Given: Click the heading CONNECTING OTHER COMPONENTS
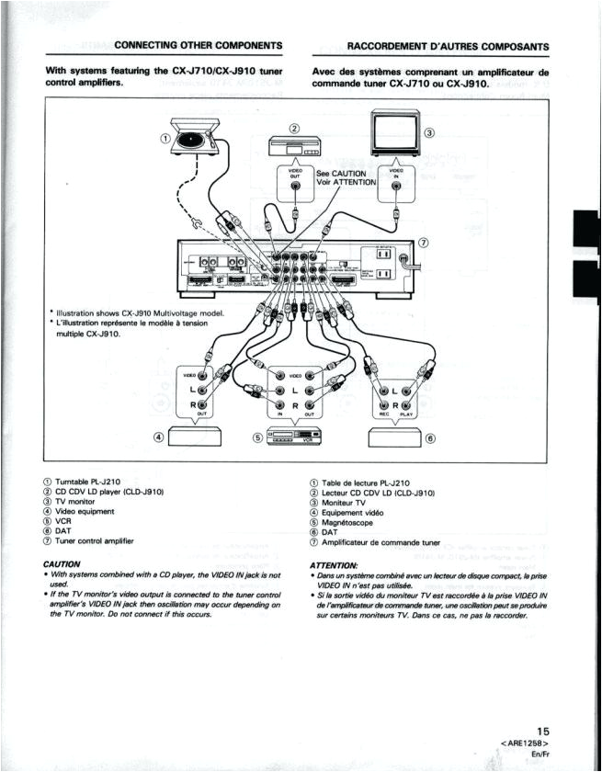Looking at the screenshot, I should tap(198, 45).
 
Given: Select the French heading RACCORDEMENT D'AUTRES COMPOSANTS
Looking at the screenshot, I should tap(449, 46).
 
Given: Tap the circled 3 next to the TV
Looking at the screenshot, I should tap(428, 133).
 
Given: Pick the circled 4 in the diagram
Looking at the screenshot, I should tap(159, 437).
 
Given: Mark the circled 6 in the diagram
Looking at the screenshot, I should tap(428, 437).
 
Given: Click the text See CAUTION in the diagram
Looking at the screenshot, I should tap(341, 174).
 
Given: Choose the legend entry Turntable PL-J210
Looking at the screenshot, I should tap(94, 482).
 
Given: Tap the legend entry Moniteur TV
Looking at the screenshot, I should tap(343, 503).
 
